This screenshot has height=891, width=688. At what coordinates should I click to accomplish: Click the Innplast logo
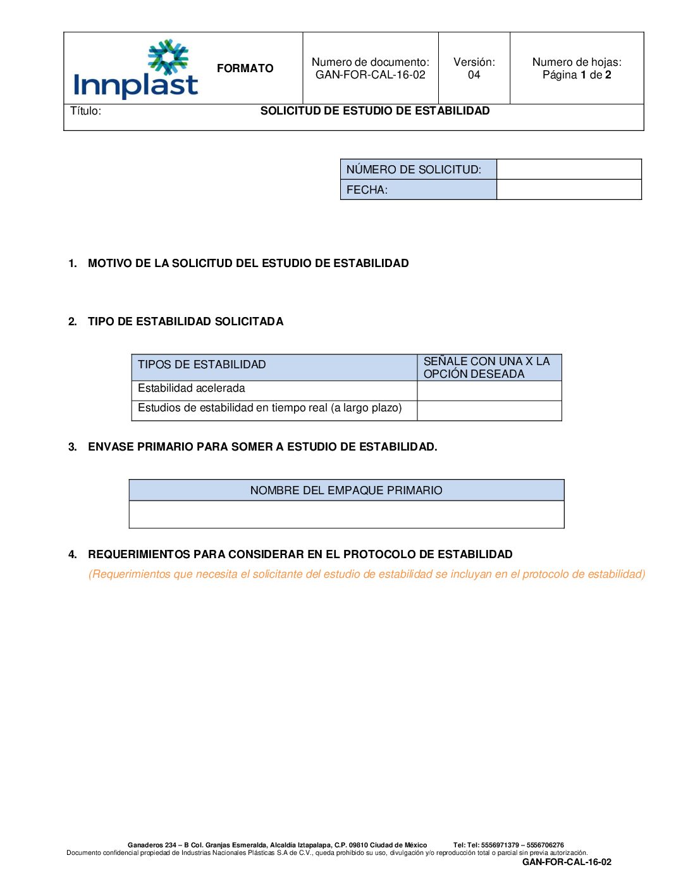click(136, 70)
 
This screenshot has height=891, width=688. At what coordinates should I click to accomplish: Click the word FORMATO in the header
click(245, 68)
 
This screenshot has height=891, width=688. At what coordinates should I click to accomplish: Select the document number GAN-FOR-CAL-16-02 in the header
click(370, 75)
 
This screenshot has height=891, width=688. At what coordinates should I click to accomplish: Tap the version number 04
click(474, 75)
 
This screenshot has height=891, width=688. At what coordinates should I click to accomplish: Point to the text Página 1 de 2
click(576, 75)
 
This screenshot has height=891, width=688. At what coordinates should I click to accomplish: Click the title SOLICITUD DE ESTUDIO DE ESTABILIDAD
click(375, 111)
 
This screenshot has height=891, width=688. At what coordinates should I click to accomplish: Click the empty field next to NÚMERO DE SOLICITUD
click(568, 169)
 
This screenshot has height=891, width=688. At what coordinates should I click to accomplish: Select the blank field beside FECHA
click(568, 189)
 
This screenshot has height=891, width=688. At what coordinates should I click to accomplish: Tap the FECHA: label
click(367, 189)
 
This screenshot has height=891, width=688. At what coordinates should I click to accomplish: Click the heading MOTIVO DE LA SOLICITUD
click(248, 263)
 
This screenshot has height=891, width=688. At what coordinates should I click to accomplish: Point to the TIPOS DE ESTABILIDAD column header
click(202, 364)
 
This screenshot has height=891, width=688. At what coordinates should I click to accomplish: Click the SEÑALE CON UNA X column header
click(486, 367)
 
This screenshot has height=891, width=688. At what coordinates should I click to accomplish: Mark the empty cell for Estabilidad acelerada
click(489, 390)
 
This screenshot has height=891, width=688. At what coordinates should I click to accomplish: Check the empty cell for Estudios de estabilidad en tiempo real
click(489, 410)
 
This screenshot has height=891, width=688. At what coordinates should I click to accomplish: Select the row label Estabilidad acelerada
click(191, 389)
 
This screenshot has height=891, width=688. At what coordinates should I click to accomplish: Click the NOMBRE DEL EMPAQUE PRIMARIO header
click(346, 490)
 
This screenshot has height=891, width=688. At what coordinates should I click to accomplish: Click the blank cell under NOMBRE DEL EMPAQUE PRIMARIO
click(346, 514)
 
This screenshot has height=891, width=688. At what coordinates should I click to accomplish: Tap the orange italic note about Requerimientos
click(367, 574)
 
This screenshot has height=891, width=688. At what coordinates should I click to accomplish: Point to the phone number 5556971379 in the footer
click(500, 845)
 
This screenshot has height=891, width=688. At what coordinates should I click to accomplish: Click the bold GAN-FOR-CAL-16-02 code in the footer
click(567, 862)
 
